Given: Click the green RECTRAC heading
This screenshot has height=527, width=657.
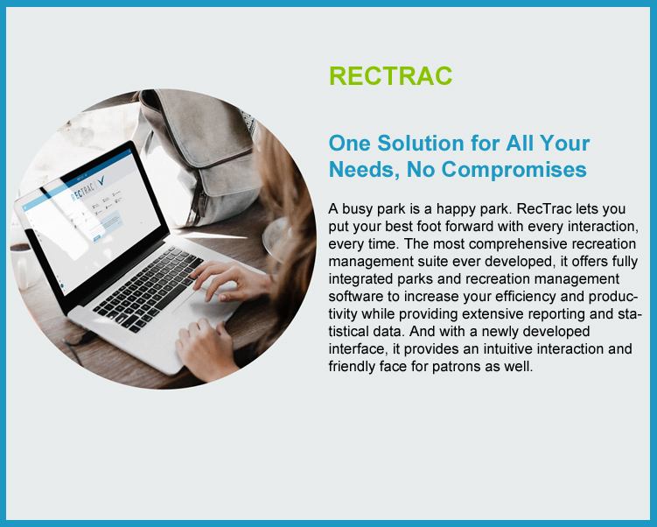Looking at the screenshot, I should point(390,76).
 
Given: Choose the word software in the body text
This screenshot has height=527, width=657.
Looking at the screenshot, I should point(354,296).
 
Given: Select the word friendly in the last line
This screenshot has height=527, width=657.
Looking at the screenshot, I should point(352,366).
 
